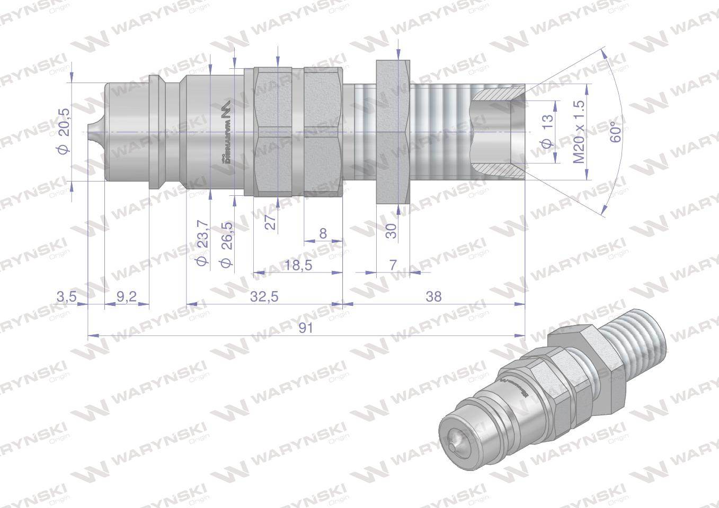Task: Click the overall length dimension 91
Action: point(306,328)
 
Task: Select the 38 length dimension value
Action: point(433,297)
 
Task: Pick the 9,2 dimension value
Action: point(126,297)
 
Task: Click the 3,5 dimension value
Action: point(67,297)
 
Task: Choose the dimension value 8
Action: point(323,233)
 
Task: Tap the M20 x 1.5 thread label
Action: point(579,131)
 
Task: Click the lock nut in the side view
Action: point(393,131)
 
